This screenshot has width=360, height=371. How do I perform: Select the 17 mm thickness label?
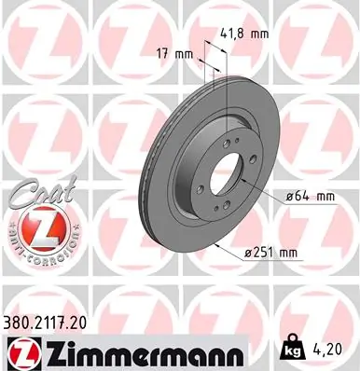176,54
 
